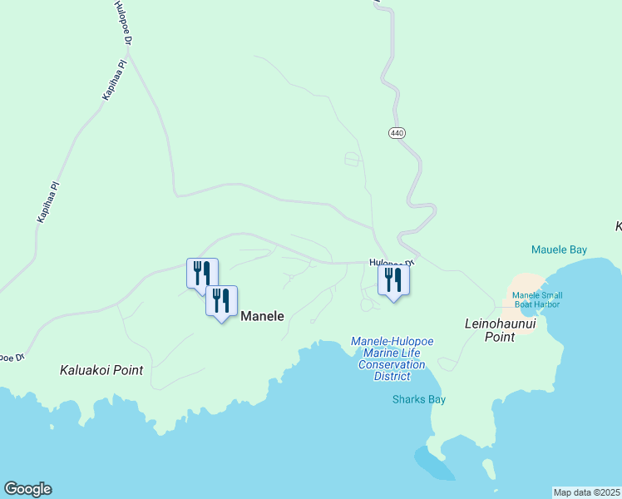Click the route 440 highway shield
(396, 133)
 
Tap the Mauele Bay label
(559, 249)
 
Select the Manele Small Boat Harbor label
(536, 299)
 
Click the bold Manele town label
(262, 316)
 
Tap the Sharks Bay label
(418, 399)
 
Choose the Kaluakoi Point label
(101, 370)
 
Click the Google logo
(27, 489)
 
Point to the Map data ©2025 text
(585, 492)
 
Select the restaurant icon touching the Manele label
(221, 302)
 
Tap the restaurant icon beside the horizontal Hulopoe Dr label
(393, 280)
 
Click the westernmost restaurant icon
(202, 274)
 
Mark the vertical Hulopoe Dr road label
(122, 22)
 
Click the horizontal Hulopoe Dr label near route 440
(391, 262)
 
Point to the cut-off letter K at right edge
(618, 226)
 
